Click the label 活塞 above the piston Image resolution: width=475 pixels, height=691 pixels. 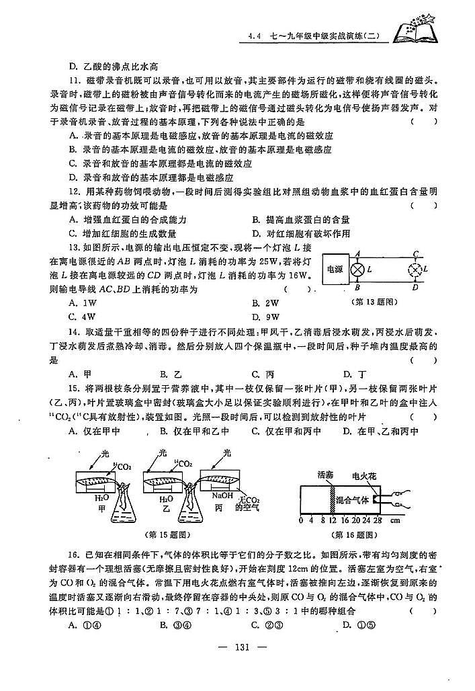[x=326, y=475]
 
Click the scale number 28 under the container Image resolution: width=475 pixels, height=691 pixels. [x=377, y=520]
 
